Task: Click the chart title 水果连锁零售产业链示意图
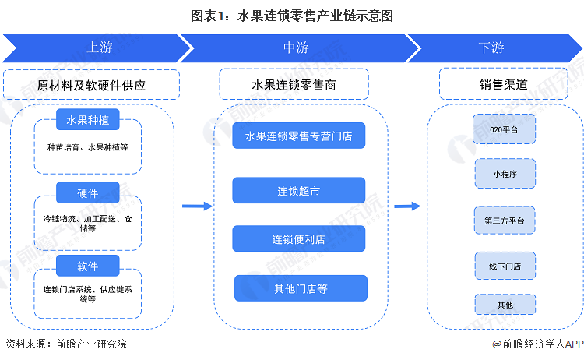(x=292, y=15)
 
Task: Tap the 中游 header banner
(x=296, y=48)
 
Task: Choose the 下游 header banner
(x=491, y=48)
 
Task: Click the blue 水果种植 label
(x=87, y=121)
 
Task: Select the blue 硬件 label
(x=87, y=192)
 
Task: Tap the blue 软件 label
(x=87, y=266)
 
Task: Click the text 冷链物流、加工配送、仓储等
(x=87, y=224)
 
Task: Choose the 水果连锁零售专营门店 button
(x=299, y=136)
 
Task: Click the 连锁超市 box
(x=299, y=190)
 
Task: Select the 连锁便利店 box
(x=299, y=238)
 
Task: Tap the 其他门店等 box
(x=300, y=288)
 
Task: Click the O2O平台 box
(x=505, y=129)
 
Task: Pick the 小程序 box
(x=505, y=174)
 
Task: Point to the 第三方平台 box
(x=505, y=221)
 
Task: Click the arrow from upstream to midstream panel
(x=197, y=206)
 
